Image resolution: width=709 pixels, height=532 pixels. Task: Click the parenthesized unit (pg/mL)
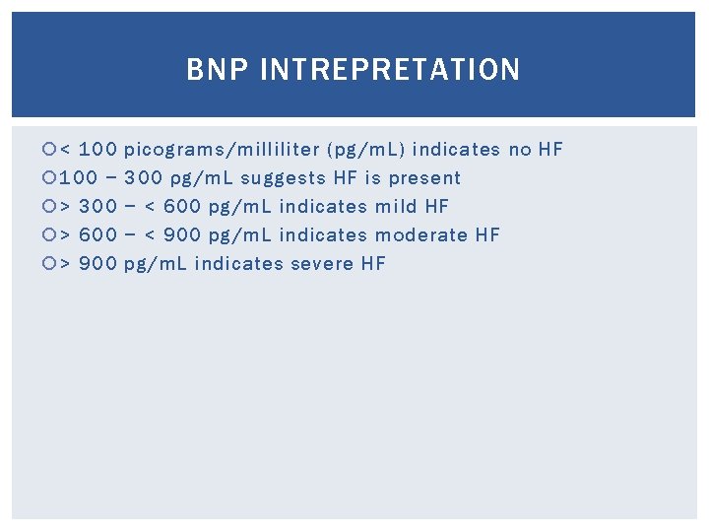point(366,150)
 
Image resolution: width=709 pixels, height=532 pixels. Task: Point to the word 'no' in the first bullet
point(520,150)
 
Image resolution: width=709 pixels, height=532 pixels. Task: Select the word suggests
point(282,178)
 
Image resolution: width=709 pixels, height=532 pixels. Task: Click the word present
point(424,178)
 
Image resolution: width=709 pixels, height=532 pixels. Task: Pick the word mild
point(397,207)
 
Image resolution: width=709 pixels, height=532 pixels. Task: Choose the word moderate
point(422,235)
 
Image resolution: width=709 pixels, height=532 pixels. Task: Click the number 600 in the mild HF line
point(182,207)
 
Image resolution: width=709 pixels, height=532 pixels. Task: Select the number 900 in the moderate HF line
point(182,235)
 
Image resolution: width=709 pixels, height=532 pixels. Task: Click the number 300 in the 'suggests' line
point(144,178)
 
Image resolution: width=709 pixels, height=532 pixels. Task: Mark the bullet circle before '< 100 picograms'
point(50,150)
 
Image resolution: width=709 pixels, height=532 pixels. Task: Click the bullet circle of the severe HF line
point(50,264)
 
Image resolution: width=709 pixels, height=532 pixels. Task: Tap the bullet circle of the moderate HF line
point(50,235)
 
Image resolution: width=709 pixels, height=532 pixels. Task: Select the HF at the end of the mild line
point(436,207)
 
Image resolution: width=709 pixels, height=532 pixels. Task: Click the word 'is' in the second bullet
point(372,178)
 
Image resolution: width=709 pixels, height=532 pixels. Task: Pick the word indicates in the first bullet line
point(457,150)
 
